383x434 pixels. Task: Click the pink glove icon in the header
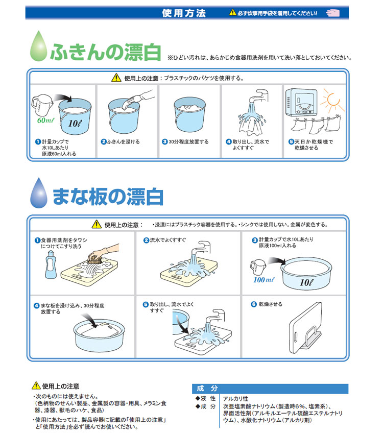(x=332, y=13)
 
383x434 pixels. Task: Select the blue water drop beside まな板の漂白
(x=39, y=193)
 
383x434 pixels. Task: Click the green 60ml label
(x=45, y=120)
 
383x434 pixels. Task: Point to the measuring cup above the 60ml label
(x=41, y=105)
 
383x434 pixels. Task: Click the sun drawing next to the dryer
(x=332, y=100)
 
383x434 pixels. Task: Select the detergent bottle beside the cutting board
(x=51, y=264)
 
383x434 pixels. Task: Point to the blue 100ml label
(x=264, y=280)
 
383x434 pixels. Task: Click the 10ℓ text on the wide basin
(x=306, y=282)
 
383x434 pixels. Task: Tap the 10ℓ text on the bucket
(x=75, y=124)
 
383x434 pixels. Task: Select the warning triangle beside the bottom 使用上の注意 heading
(x=36, y=385)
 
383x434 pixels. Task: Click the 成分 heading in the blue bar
(x=207, y=389)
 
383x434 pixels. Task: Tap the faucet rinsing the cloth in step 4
(x=259, y=96)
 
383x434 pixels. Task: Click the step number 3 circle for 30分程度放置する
(x=164, y=142)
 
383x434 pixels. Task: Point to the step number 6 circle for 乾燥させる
(x=254, y=304)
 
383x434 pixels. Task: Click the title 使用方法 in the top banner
(x=184, y=13)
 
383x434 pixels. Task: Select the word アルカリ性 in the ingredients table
(x=236, y=399)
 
